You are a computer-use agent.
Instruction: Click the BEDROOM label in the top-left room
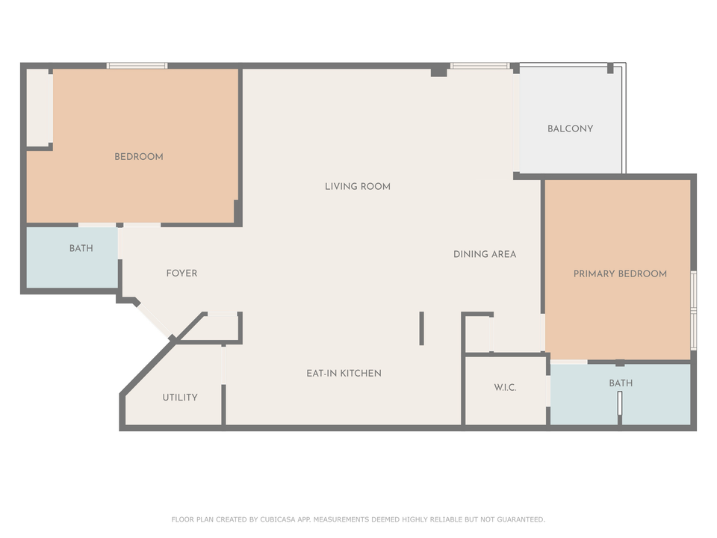[138, 157]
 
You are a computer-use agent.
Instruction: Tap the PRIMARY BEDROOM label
[620, 274]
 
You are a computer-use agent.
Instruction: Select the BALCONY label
[570, 129]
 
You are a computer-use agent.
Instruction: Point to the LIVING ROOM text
[357, 186]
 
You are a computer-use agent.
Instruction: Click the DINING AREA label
[485, 254]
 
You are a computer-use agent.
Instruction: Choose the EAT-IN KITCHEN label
[344, 373]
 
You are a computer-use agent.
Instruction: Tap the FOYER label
[181, 273]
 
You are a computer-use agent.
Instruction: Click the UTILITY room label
[180, 398]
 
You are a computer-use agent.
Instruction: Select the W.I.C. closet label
[505, 388]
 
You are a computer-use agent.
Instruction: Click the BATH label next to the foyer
[81, 248]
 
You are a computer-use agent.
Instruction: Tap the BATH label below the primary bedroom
[620, 383]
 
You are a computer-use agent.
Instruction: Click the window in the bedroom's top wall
[137, 66]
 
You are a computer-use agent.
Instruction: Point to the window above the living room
[479, 66]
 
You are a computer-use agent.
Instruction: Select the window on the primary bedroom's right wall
[693, 310]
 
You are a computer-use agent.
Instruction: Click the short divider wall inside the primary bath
[619, 404]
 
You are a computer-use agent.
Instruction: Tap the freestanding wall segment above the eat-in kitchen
[421, 328]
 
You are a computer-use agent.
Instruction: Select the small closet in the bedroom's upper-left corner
[40, 108]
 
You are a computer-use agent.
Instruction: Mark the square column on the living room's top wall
[439, 71]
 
